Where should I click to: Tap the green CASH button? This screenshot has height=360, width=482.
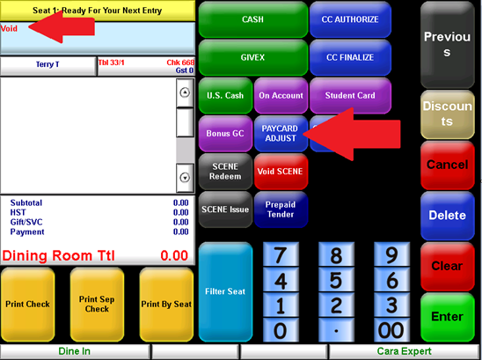click(x=253, y=19)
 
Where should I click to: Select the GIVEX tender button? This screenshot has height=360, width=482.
click(x=253, y=57)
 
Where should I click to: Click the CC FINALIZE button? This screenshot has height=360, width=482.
click(x=350, y=57)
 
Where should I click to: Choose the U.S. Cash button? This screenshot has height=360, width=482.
click(x=225, y=96)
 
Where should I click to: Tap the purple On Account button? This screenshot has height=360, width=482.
click(x=281, y=96)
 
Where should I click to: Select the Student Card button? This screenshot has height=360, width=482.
click(x=350, y=96)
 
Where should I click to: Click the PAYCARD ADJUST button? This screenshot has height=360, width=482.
click(x=281, y=134)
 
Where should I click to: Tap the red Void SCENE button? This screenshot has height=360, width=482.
click(x=281, y=172)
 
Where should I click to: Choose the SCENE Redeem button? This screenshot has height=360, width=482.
click(x=225, y=172)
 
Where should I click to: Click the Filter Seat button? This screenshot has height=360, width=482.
click(x=225, y=291)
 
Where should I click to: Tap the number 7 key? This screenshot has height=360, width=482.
click(x=281, y=254)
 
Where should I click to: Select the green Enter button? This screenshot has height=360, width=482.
click(x=448, y=317)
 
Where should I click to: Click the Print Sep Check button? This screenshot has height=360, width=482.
click(x=97, y=305)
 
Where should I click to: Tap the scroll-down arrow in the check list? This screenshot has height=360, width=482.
click(x=185, y=178)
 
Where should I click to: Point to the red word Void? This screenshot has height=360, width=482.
click(x=9, y=29)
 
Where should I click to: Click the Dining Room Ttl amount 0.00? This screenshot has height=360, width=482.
click(x=174, y=255)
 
